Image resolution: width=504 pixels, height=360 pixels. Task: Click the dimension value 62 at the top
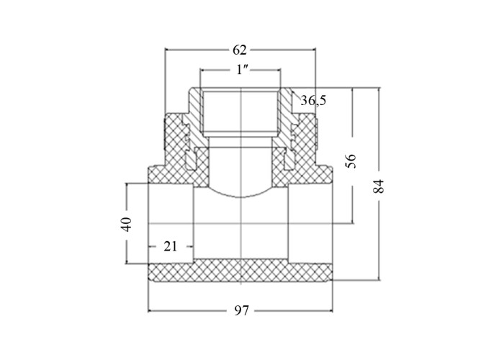[x=240, y=50]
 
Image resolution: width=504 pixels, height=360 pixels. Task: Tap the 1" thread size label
[x=240, y=70]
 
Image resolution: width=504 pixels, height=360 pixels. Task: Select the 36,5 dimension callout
[x=313, y=101]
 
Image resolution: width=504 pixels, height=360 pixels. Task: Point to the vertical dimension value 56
[x=351, y=161]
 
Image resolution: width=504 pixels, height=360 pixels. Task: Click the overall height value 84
[x=379, y=186]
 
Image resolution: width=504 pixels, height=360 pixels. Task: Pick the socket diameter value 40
[x=126, y=224]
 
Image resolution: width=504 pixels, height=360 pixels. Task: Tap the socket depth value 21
[x=171, y=246]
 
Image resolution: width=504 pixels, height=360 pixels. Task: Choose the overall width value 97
[x=241, y=311]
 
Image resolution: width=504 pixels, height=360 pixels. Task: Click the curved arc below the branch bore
[x=240, y=196]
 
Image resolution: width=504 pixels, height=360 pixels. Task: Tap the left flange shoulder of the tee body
[x=157, y=174]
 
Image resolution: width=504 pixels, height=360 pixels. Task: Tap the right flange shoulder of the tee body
[x=324, y=174]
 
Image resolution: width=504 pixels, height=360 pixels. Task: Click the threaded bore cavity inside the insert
[x=240, y=112]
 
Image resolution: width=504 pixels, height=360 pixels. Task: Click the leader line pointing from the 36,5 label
[x=296, y=96]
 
